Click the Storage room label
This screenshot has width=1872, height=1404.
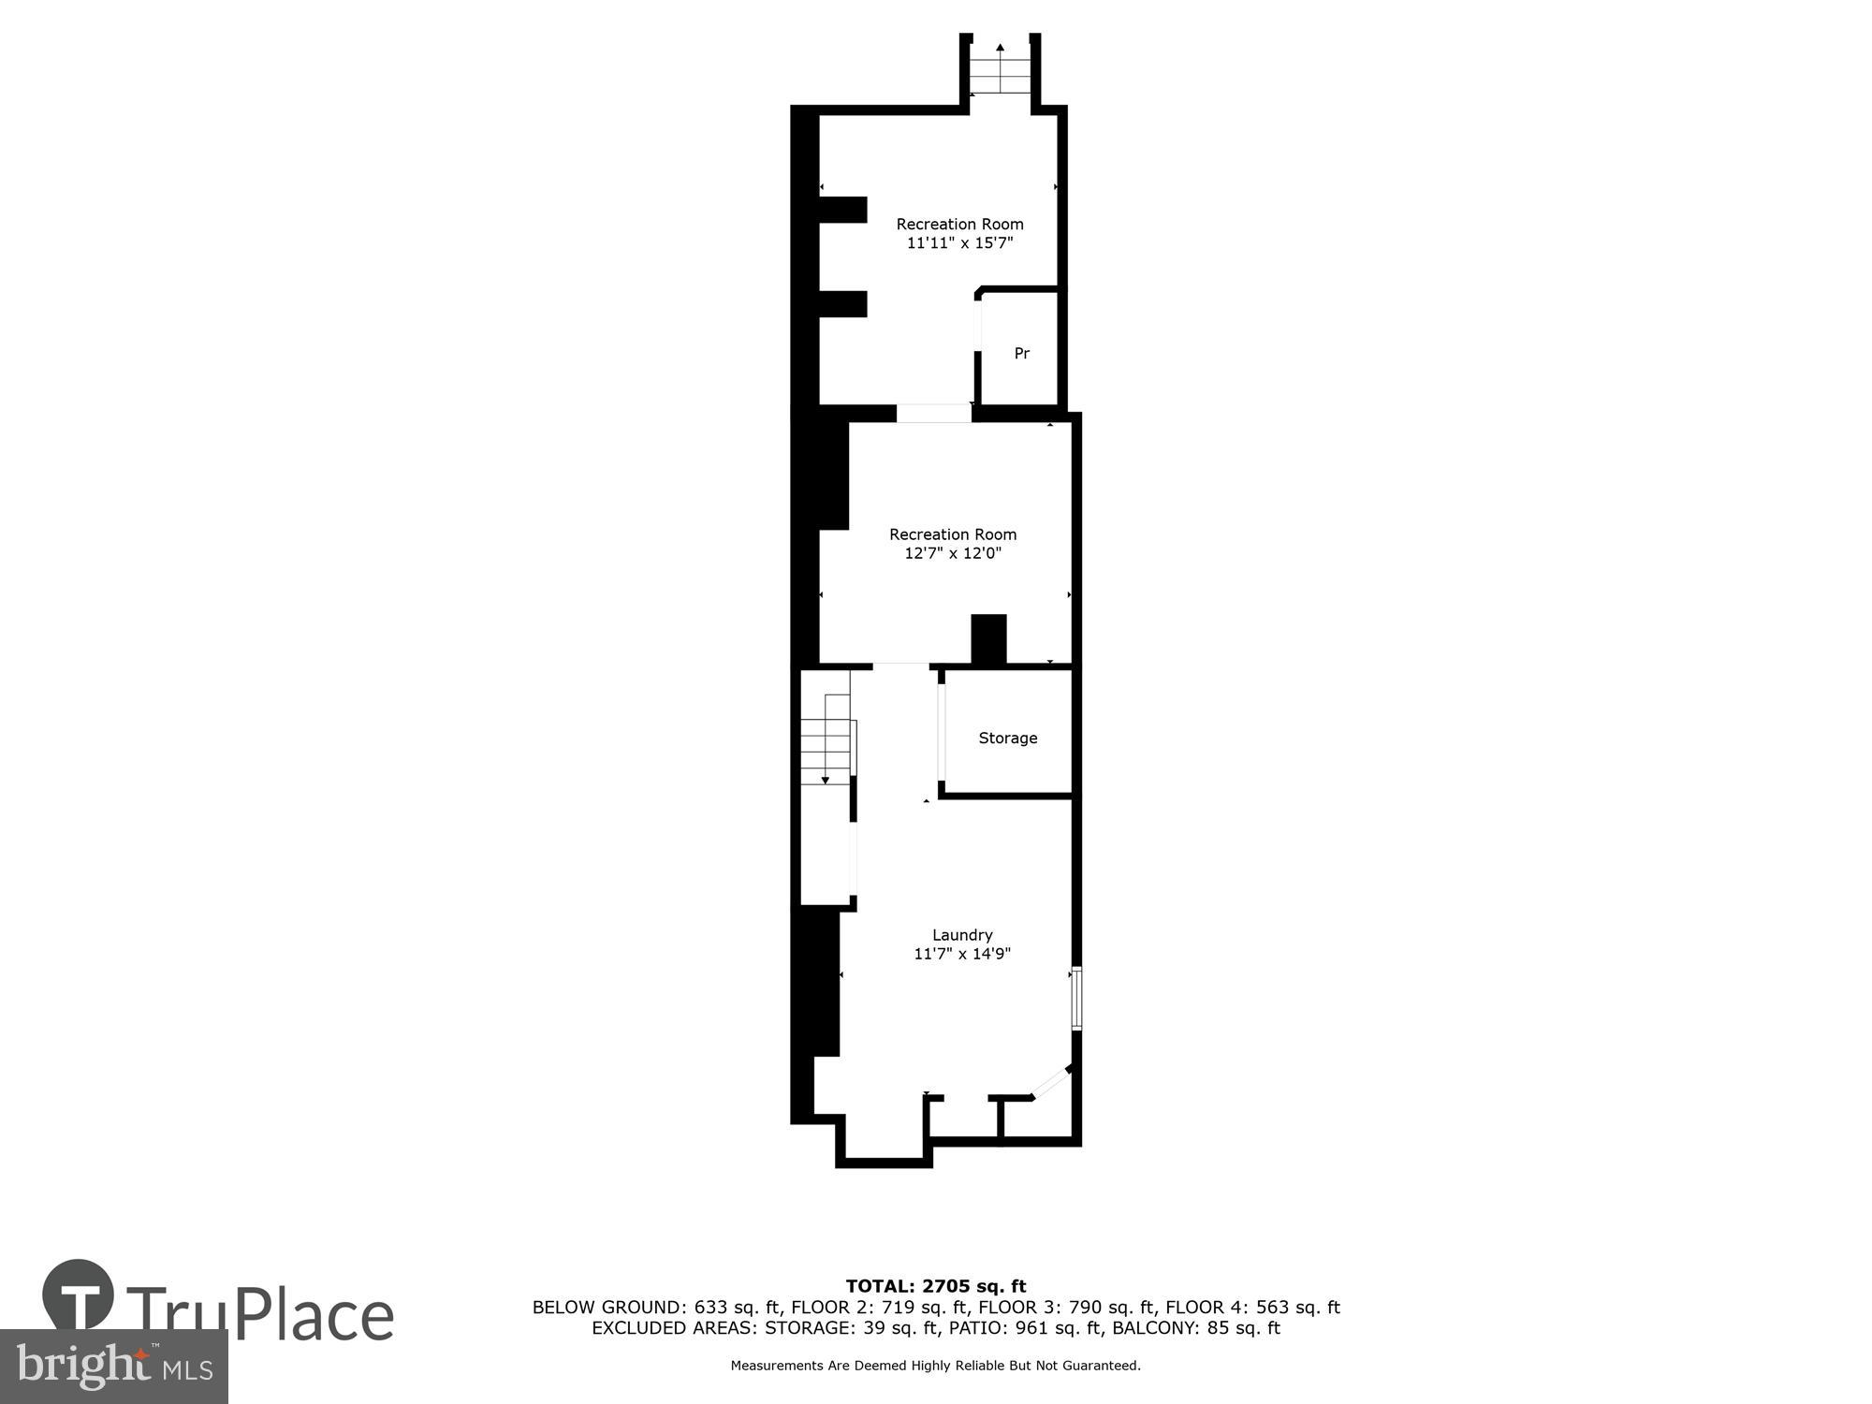(x=1007, y=738)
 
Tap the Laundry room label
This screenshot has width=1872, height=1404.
(x=961, y=934)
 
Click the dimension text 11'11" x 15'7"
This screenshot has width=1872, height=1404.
(x=959, y=243)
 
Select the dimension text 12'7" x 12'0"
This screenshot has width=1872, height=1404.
(x=952, y=553)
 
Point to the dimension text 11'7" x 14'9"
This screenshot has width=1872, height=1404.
(x=961, y=954)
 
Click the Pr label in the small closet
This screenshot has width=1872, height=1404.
(x=1021, y=353)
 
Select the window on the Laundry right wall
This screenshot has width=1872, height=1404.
(x=1076, y=998)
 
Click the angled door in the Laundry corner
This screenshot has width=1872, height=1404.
(x=1050, y=1082)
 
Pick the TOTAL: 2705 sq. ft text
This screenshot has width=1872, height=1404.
(x=935, y=1286)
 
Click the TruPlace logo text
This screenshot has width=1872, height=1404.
(x=259, y=1315)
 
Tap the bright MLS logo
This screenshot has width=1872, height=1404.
(x=113, y=1367)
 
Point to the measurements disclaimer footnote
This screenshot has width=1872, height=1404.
(x=935, y=1366)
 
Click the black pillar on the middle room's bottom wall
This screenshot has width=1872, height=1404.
(x=987, y=639)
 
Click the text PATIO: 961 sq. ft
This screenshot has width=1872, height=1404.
(x=1008, y=1328)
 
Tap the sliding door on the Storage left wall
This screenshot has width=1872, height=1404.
(x=941, y=731)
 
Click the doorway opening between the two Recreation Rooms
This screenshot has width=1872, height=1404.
(x=933, y=413)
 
